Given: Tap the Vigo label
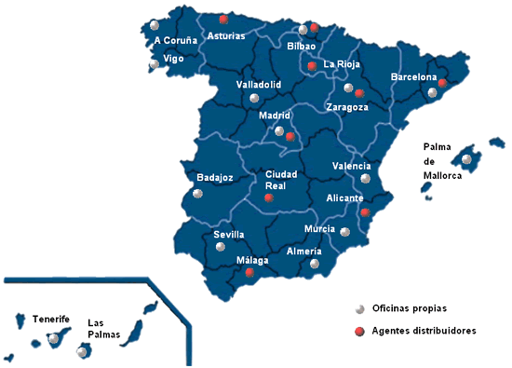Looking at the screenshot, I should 173,58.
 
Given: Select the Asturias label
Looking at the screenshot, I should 227,36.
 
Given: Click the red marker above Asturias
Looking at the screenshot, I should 222,19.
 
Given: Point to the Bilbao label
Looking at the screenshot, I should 302,46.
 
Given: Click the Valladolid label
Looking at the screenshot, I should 259,85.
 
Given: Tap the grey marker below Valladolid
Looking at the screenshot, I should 253,98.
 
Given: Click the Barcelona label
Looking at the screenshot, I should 414,77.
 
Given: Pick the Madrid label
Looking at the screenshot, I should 275,116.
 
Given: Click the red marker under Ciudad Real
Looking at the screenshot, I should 268,198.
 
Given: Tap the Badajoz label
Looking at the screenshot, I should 215,176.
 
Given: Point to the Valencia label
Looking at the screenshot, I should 351,167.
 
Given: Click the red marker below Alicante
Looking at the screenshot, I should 365,212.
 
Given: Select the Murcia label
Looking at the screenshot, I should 319,229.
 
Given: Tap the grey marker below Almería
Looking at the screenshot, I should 314,264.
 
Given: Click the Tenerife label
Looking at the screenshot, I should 51,318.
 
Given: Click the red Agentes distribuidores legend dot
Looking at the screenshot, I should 358,331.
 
